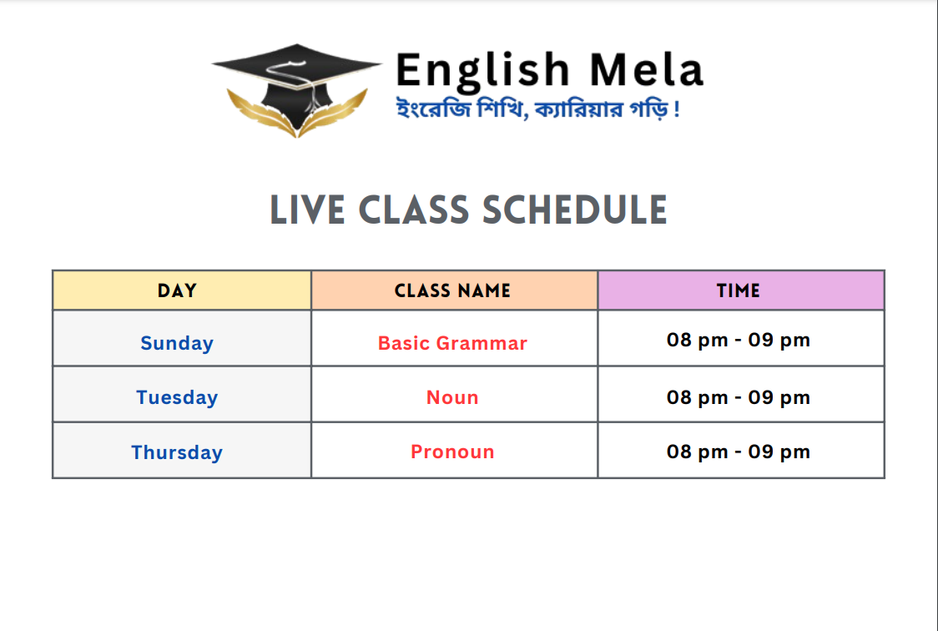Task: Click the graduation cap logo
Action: (297, 89)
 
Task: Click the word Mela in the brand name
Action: (647, 70)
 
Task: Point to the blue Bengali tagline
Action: (537, 109)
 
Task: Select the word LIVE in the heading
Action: (307, 210)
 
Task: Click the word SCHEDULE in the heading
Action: (574, 210)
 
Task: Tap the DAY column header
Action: (177, 290)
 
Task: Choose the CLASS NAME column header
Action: (453, 290)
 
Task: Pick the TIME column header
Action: (739, 290)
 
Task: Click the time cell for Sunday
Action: (739, 340)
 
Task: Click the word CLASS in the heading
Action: (414, 210)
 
